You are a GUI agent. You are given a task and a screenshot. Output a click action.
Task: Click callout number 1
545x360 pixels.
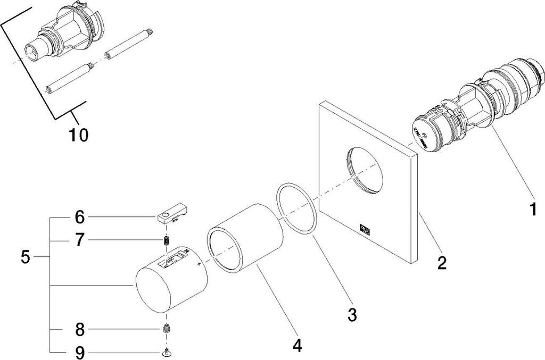(533, 210)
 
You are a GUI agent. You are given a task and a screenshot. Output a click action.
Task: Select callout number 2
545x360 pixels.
(442, 263)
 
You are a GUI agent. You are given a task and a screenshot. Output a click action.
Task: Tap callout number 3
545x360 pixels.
(352, 314)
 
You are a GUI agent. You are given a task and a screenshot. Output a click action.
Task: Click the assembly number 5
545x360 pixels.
(26, 257)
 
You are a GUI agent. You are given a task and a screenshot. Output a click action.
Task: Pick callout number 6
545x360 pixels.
(80, 217)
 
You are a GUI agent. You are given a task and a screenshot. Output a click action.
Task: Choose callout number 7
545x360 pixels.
(80, 240)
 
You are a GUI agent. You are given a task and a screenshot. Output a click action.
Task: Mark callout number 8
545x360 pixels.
(80, 329)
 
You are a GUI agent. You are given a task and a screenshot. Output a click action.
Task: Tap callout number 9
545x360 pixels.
(80, 353)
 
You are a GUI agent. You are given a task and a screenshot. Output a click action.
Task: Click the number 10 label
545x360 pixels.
(78, 135)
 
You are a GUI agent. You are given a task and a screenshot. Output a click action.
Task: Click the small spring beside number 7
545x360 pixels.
(167, 240)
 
